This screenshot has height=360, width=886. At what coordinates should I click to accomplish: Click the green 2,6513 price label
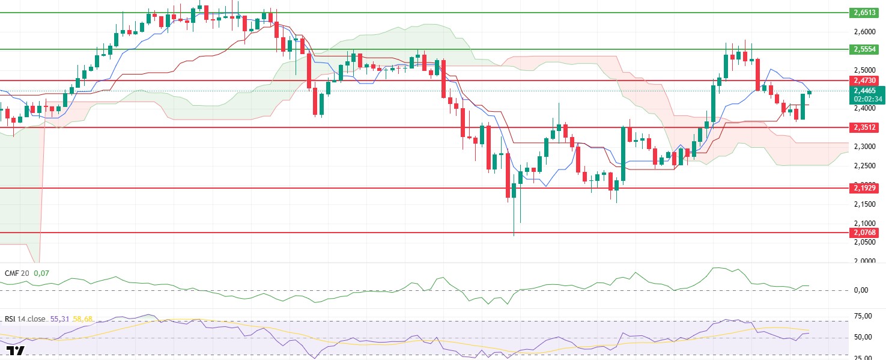(865, 13)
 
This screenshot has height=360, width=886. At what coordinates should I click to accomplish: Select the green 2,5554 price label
(865, 49)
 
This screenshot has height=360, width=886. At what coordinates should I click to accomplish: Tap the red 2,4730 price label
(865, 80)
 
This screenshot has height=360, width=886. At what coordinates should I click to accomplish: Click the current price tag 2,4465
(865, 91)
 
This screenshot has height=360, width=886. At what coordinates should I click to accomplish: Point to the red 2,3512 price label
(865, 127)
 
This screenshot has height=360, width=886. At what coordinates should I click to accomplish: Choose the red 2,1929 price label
(865, 188)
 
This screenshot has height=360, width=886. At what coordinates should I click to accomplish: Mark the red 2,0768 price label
(865, 233)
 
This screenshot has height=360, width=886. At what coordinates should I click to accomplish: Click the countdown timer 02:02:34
(865, 99)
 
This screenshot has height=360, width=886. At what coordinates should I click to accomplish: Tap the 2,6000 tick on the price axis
(865, 31)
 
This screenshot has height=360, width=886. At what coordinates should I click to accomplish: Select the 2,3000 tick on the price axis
(865, 147)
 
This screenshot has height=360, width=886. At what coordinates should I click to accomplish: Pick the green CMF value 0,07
(41, 273)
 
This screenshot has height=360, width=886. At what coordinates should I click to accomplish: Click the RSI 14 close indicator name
(24, 319)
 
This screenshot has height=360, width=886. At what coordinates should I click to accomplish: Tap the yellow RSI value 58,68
(82, 319)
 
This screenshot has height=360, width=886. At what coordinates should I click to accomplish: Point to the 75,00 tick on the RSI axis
(865, 316)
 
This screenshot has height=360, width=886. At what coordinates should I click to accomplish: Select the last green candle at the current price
(810, 93)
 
